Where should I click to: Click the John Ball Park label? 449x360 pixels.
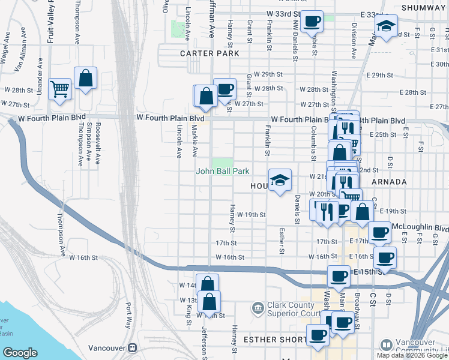coord(223,171)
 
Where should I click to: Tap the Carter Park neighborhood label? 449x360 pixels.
coord(205,53)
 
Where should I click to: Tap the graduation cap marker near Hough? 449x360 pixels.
coord(279,179)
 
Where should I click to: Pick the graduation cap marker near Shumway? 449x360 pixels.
coord(386,26)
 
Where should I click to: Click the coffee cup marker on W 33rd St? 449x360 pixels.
coord(311,22)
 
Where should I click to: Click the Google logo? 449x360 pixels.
coord(20,353)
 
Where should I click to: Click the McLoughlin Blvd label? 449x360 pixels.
coord(420,228)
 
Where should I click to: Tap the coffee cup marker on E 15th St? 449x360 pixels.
coord(339,276)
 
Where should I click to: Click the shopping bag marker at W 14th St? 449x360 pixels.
coord(206,284)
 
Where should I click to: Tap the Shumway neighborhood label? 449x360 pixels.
coord(423,7)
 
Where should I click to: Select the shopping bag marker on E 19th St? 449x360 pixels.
coord(362,211)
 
